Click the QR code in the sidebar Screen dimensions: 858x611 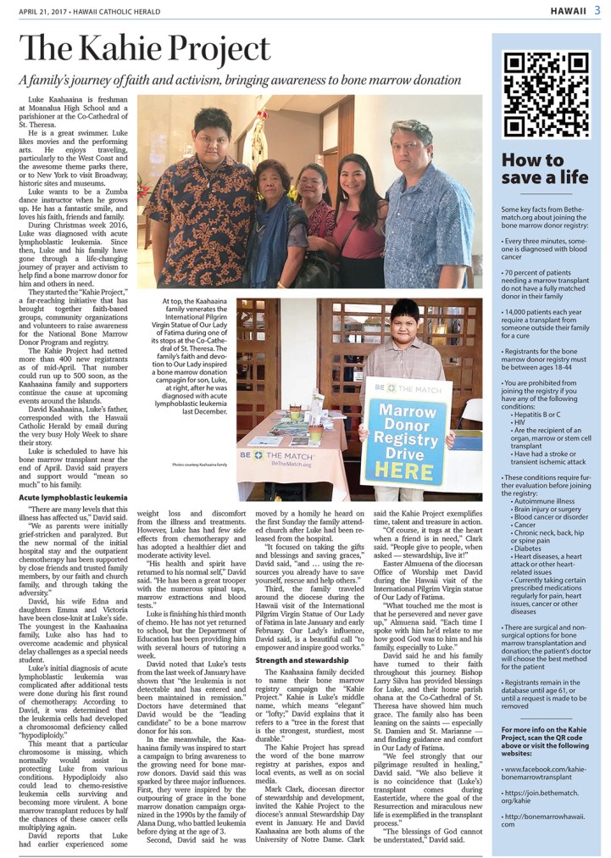pyautogui.click(x=547, y=94)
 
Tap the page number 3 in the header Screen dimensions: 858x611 pyautogui.click(x=597, y=10)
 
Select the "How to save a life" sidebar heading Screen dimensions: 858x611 pyautogui.click(x=532, y=168)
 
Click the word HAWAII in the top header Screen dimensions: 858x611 pyautogui.click(x=566, y=10)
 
